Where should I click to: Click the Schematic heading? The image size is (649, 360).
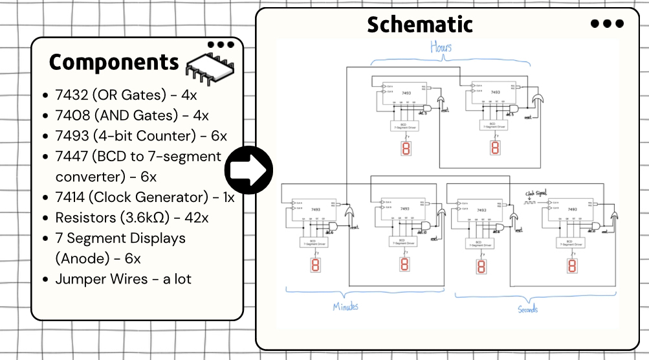(419, 25)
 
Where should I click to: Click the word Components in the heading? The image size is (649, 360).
(114, 63)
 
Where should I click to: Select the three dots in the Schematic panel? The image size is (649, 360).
(608, 23)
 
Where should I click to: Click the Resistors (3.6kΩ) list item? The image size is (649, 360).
(129, 218)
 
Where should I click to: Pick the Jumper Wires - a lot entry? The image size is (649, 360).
(120, 279)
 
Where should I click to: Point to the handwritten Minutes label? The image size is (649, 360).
(345, 306)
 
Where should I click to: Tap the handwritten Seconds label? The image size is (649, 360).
(527, 309)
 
